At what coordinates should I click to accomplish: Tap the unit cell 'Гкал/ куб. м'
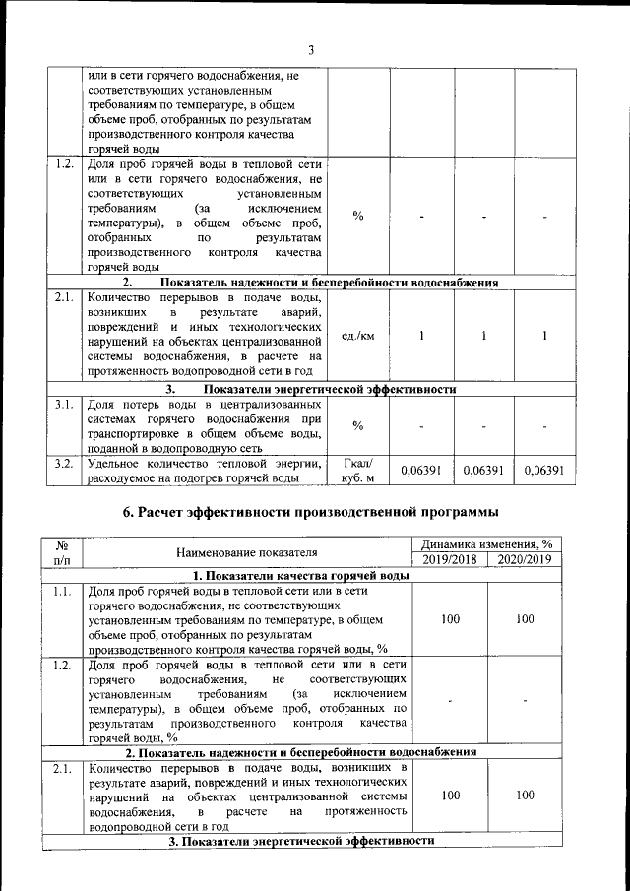(357, 472)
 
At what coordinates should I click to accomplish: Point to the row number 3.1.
(65, 404)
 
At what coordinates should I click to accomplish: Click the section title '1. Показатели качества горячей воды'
(300, 575)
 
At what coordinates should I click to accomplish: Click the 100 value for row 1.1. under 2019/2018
(451, 619)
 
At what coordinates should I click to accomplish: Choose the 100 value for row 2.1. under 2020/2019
(525, 794)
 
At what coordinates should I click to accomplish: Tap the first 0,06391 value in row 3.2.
(420, 472)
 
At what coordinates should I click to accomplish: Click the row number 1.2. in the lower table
(65, 666)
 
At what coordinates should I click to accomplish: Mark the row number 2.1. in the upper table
(65, 296)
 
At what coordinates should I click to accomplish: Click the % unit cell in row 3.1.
(357, 425)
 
